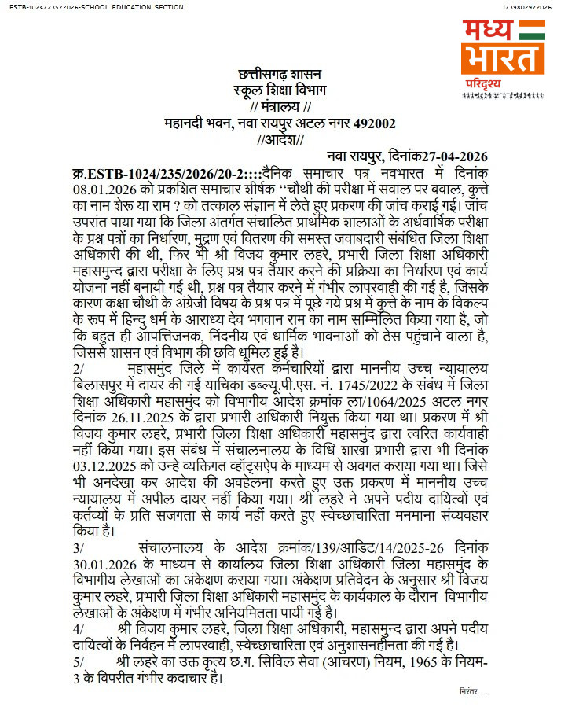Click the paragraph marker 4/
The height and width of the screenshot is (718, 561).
[x=78, y=629]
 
